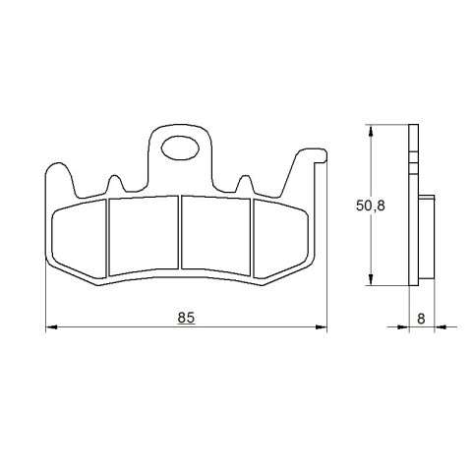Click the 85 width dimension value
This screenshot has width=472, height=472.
[x=186, y=318]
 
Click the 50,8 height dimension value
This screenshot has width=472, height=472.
[x=371, y=206]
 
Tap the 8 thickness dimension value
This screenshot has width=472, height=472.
[x=421, y=319]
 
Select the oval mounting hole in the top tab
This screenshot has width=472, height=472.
[x=180, y=148]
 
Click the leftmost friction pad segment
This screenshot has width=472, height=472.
[x=80, y=239]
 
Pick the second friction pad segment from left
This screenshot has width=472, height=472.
[x=144, y=235]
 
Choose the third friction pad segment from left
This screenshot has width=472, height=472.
[x=216, y=235]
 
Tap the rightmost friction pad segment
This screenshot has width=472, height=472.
[x=280, y=239]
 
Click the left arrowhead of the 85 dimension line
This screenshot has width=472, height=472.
[x=51, y=327]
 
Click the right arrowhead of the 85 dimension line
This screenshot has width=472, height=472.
[x=322, y=327]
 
